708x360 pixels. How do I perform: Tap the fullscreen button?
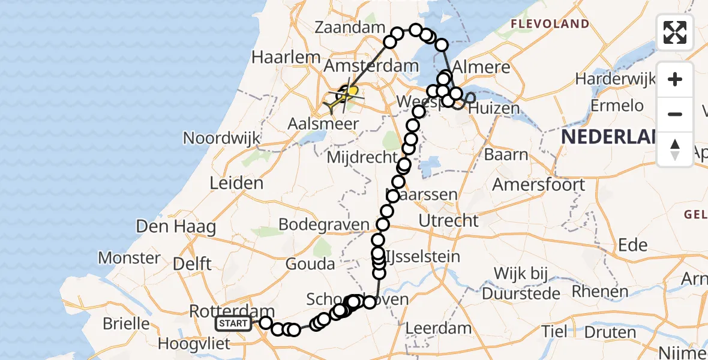675,32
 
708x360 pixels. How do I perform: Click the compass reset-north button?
675,149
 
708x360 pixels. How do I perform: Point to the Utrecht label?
448,220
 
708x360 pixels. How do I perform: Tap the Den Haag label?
176,227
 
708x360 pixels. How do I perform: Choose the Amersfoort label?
538,184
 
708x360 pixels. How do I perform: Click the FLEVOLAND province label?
550,24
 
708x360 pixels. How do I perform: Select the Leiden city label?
236,183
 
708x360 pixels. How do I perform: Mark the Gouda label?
310,263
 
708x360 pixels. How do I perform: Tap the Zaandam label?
349,28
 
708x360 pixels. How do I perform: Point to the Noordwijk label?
221,138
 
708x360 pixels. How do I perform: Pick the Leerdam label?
439,328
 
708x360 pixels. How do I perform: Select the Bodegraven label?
324,224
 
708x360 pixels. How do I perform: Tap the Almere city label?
482,66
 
